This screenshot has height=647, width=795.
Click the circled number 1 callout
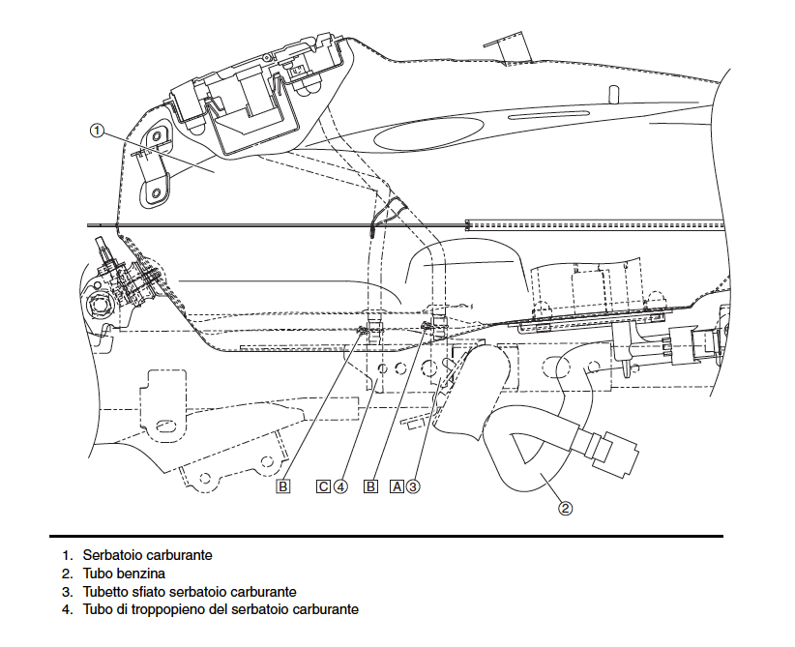click(97, 131)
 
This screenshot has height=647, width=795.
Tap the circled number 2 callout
click(566, 508)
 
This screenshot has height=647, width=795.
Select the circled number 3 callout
click(413, 486)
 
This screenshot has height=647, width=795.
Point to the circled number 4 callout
click(340, 486)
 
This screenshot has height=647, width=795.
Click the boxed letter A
click(397, 486)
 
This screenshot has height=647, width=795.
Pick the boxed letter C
click(323, 486)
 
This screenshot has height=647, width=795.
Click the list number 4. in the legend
click(68, 609)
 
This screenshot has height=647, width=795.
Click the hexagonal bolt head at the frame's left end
click(99, 306)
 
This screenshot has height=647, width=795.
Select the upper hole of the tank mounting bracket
click(156, 134)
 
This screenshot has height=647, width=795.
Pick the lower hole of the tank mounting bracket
click(156, 192)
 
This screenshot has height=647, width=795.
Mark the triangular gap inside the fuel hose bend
click(526, 447)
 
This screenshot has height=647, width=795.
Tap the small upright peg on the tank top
click(613, 95)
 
